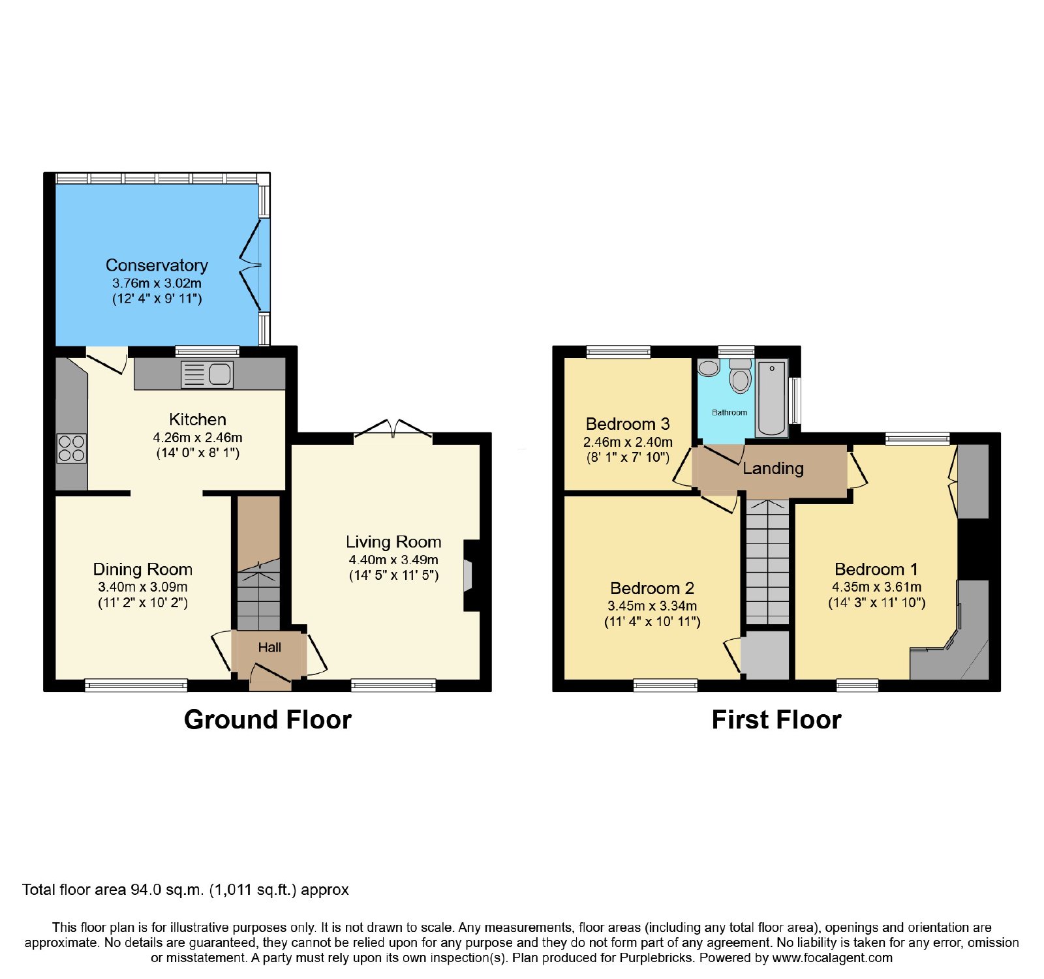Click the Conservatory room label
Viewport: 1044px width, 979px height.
157,265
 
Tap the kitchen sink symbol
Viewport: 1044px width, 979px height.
207,374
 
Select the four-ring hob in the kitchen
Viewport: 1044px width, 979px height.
72,448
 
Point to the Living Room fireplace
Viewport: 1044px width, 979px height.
470,575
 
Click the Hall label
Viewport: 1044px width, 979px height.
269,647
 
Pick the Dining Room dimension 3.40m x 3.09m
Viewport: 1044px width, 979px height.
143,587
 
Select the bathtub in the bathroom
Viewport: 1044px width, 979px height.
772,398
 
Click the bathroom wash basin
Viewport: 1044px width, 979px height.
709,368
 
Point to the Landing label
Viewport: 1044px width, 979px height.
773,468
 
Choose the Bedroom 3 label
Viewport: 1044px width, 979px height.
628,424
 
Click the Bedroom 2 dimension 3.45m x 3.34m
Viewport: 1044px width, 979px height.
652,606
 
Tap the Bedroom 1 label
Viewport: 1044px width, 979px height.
876,569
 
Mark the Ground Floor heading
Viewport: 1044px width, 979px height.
268,719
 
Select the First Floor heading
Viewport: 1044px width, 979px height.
776,719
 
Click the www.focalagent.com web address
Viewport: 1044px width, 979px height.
833,958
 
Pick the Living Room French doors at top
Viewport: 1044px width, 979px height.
393,428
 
